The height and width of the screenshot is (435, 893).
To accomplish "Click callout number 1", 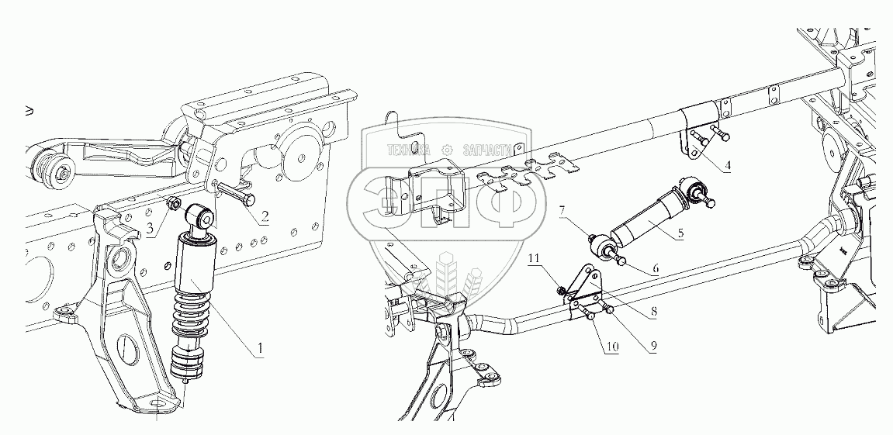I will click(261, 348).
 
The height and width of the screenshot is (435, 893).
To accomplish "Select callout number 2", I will click(265, 217).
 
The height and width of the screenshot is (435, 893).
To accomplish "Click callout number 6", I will click(656, 268).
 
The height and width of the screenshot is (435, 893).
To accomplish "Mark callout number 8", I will click(655, 311).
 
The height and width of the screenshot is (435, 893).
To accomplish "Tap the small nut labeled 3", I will click(175, 205).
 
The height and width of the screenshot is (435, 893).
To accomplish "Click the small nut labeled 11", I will click(561, 290).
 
